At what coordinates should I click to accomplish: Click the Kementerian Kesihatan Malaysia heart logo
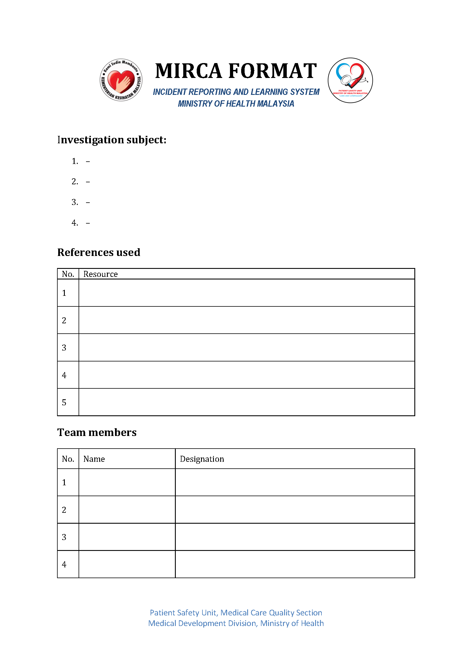click(x=121, y=80)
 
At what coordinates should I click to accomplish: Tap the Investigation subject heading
click(x=112, y=140)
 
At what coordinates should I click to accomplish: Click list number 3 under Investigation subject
click(x=75, y=202)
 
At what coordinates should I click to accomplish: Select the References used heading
click(x=99, y=252)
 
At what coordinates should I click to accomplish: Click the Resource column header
click(x=101, y=274)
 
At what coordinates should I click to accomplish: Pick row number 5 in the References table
click(x=64, y=402)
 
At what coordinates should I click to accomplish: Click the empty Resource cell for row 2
click(x=246, y=320)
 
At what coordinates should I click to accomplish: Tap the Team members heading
click(x=97, y=432)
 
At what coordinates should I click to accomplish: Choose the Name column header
click(x=94, y=459)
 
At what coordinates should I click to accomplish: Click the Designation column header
click(x=202, y=459)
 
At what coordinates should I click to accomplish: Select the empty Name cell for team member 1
click(x=127, y=482)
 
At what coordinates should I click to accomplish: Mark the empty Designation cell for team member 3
click(x=295, y=537)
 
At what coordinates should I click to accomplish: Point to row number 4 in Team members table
click(x=64, y=564)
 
